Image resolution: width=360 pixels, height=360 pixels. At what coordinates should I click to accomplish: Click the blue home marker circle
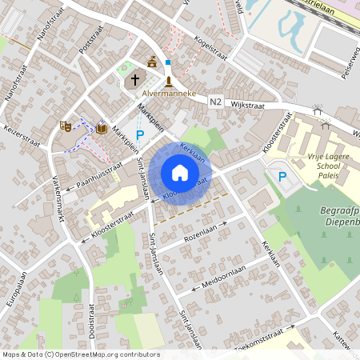(x=180, y=173)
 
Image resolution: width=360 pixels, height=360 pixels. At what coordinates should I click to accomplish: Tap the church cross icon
(x=135, y=79)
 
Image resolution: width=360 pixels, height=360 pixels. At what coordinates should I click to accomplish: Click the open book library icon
(x=102, y=127)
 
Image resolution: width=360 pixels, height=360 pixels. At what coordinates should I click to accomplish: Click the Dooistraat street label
(x=92, y=319)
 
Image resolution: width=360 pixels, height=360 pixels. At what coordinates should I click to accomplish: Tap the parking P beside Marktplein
(x=141, y=136)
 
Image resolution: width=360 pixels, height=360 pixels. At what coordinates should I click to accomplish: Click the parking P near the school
(x=282, y=175)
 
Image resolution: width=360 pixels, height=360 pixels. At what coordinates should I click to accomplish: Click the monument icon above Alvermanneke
(x=169, y=81)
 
